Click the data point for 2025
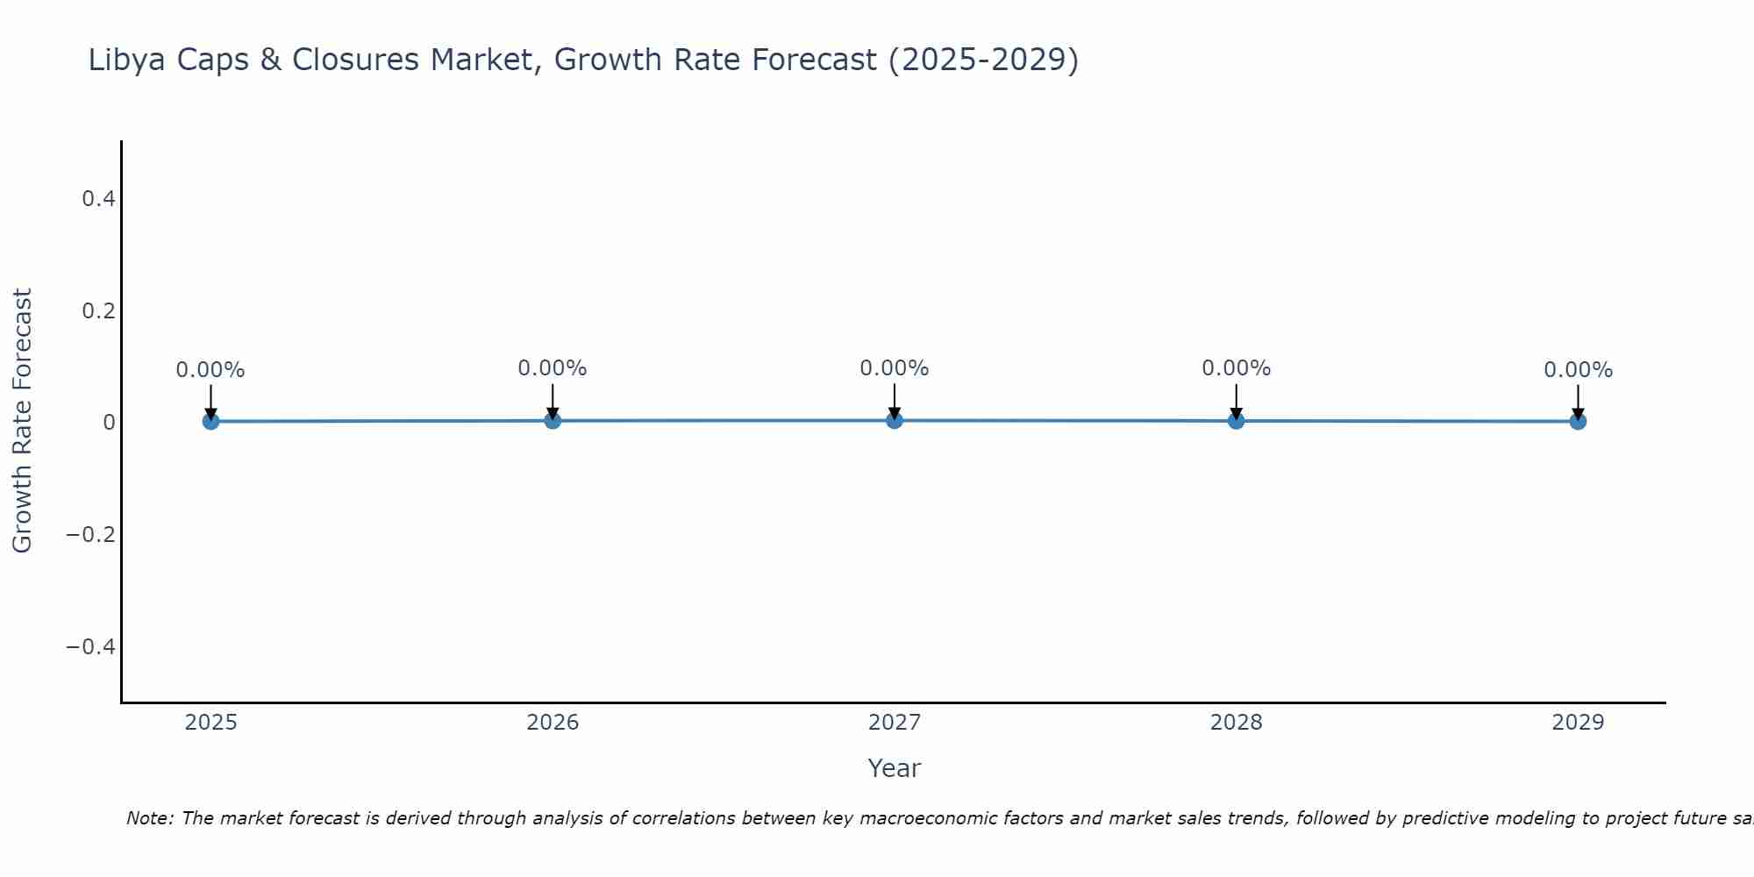[x=210, y=421]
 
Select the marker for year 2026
[x=553, y=420]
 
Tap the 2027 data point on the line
[x=895, y=420]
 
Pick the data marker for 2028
[x=1236, y=420]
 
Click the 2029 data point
[x=1578, y=421]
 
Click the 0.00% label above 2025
[x=210, y=370]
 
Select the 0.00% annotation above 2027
[x=895, y=368]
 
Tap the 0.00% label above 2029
[x=1578, y=370]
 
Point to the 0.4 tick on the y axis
[x=98, y=199]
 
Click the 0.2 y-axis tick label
[x=98, y=311]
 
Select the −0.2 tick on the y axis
[x=91, y=535]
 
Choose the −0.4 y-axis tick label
[x=91, y=647]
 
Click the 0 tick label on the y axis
[x=109, y=423]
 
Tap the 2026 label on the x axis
[x=553, y=723]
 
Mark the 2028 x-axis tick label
[x=1236, y=723]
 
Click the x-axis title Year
[x=894, y=768]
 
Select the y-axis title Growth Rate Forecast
[x=22, y=421]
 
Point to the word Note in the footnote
[x=148, y=818]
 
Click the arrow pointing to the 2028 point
[x=1236, y=402]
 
